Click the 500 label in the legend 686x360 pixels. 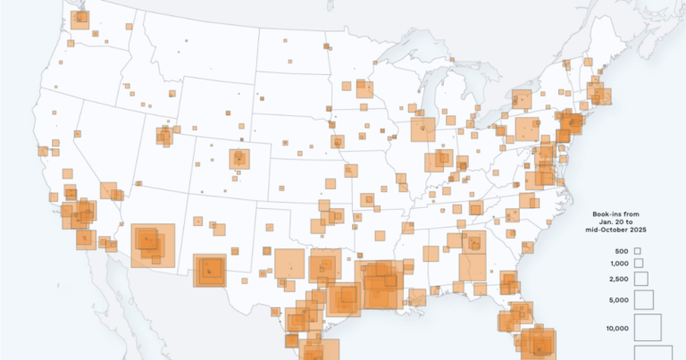[622, 252]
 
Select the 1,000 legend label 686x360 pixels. [620, 264]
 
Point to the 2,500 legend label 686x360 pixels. [620, 280]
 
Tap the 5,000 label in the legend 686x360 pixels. [620, 301]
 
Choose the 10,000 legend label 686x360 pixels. [618, 329]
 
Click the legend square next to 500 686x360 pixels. [638, 252]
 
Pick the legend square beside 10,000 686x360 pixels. [648, 328]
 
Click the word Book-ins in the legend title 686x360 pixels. [607, 214]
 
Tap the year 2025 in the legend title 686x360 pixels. [635, 230]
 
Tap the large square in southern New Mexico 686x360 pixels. [210, 270]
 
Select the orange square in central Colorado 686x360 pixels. [238, 159]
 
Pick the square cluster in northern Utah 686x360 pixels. [164, 136]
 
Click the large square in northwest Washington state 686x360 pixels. [80, 17]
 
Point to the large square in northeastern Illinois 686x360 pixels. [422, 130]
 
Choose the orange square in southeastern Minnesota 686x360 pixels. [364, 88]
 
